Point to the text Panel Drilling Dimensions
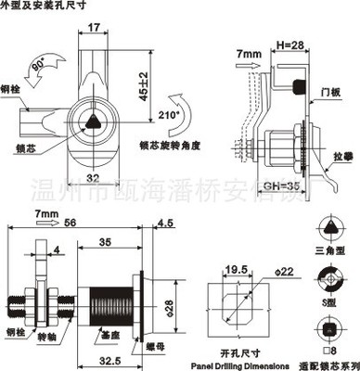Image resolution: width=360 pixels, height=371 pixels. (x=241, y=365)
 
